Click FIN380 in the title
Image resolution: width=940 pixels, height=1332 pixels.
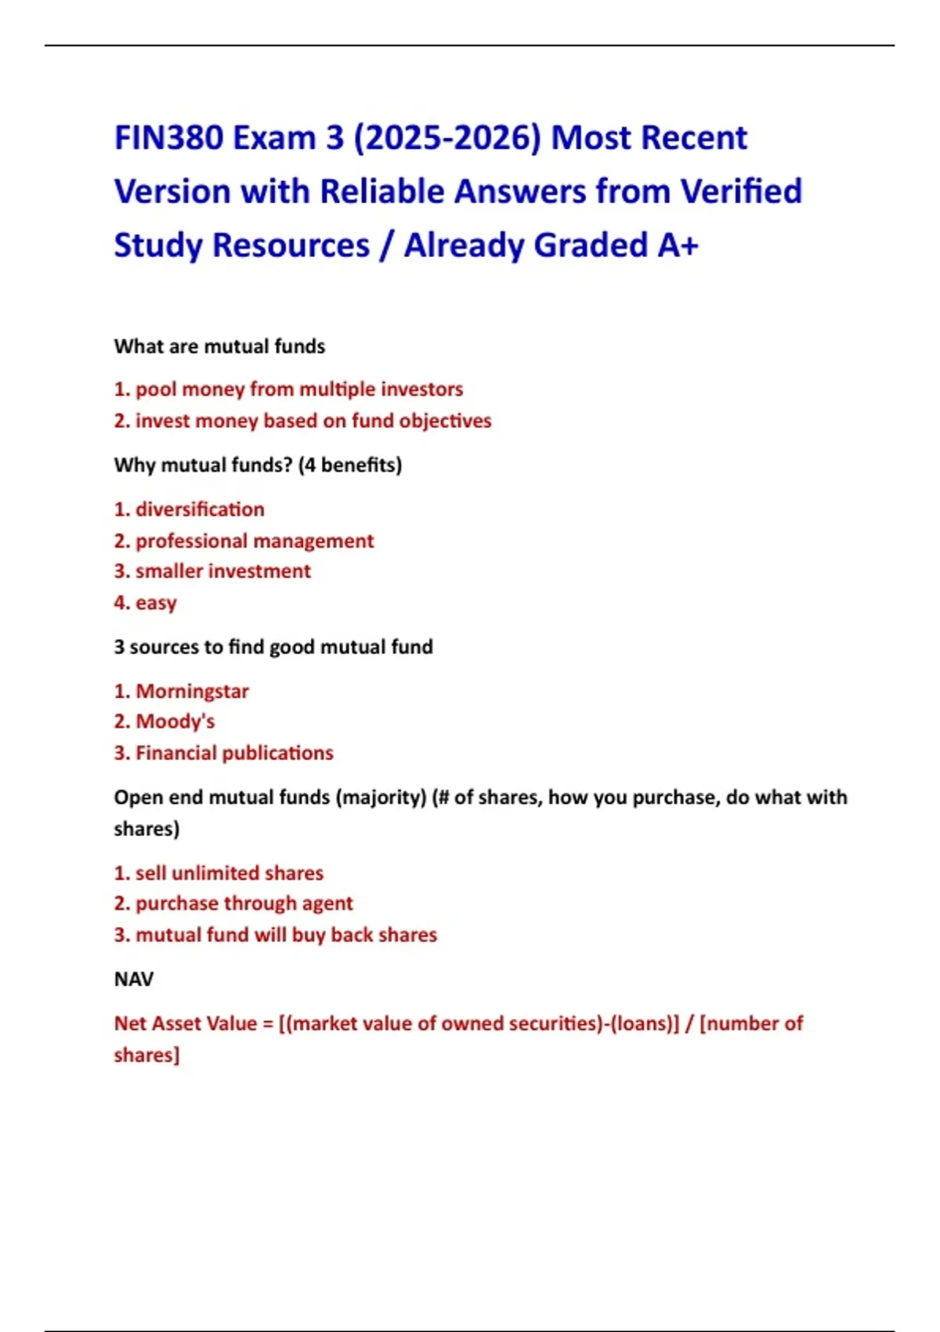click(x=168, y=138)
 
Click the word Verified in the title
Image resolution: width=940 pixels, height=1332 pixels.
click(x=741, y=191)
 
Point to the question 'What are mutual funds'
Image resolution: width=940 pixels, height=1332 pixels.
click(x=219, y=346)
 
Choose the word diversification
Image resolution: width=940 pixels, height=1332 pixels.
click(x=200, y=509)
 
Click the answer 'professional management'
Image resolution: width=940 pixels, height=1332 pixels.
click(x=255, y=541)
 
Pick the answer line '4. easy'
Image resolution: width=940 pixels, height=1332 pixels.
click(x=146, y=603)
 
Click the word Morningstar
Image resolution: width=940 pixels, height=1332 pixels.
click(x=192, y=691)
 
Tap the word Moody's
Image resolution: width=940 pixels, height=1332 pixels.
click(x=175, y=722)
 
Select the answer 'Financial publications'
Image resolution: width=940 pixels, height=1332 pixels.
click(x=234, y=753)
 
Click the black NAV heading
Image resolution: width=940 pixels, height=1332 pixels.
click(x=134, y=979)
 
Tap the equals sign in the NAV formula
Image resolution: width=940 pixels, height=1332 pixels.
click(x=268, y=1024)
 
